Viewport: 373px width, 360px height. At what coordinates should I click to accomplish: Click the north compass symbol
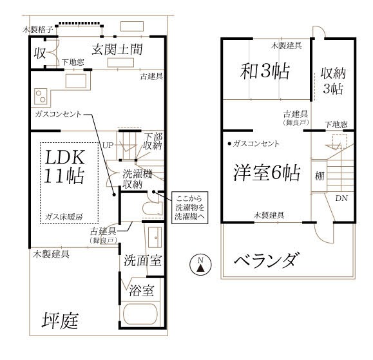[x=200, y=265]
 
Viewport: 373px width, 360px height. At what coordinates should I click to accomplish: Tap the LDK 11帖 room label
[x=64, y=167]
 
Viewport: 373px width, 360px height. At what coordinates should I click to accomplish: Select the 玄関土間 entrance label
[x=117, y=50]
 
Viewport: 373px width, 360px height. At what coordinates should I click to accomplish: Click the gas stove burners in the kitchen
[x=41, y=96]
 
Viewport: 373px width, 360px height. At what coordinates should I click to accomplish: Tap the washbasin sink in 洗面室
[x=155, y=237]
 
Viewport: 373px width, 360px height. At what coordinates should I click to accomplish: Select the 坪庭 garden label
[x=60, y=321]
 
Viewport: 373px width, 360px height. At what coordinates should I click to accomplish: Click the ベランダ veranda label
[x=265, y=260]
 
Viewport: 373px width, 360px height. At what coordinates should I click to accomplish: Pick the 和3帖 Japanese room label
[x=265, y=71]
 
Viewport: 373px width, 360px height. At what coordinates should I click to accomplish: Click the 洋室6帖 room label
[x=267, y=173]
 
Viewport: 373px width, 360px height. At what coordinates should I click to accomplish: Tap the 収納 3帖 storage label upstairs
[x=333, y=81]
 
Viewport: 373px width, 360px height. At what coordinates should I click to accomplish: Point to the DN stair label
[x=341, y=198]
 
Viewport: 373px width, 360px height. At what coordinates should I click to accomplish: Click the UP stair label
[x=108, y=145]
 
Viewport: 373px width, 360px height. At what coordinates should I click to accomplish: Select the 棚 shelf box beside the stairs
[x=320, y=176]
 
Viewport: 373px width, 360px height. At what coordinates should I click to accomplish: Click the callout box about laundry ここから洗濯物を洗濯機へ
[x=190, y=207]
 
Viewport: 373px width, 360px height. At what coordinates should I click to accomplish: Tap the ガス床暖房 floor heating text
[x=64, y=217]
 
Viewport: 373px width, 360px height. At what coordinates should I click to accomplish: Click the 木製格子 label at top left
[x=37, y=30]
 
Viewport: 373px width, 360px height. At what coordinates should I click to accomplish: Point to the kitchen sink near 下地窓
[x=76, y=81]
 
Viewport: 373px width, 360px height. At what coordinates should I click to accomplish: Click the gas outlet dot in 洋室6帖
[x=229, y=144]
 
